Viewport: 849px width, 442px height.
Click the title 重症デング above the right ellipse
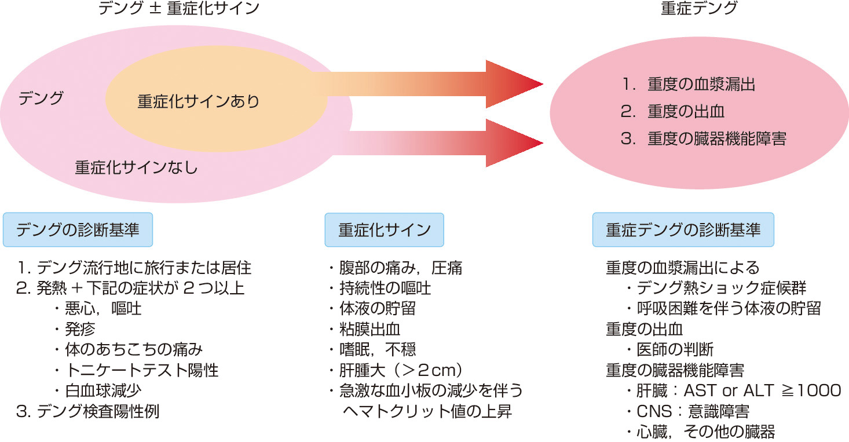(x=691, y=9)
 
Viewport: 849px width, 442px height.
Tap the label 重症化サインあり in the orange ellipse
(x=197, y=102)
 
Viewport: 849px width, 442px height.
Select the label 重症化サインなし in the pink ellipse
(x=137, y=168)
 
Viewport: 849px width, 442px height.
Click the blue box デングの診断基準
(x=78, y=229)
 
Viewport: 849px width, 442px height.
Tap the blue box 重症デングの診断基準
(x=683, y=229)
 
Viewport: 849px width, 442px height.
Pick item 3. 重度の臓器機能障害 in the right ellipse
(x=704, y=140)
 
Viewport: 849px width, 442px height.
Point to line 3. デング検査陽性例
(x=88, y=411)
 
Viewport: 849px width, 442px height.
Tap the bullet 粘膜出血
(x=365, y=329)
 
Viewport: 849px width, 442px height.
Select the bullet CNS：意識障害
(x=689, y=411)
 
